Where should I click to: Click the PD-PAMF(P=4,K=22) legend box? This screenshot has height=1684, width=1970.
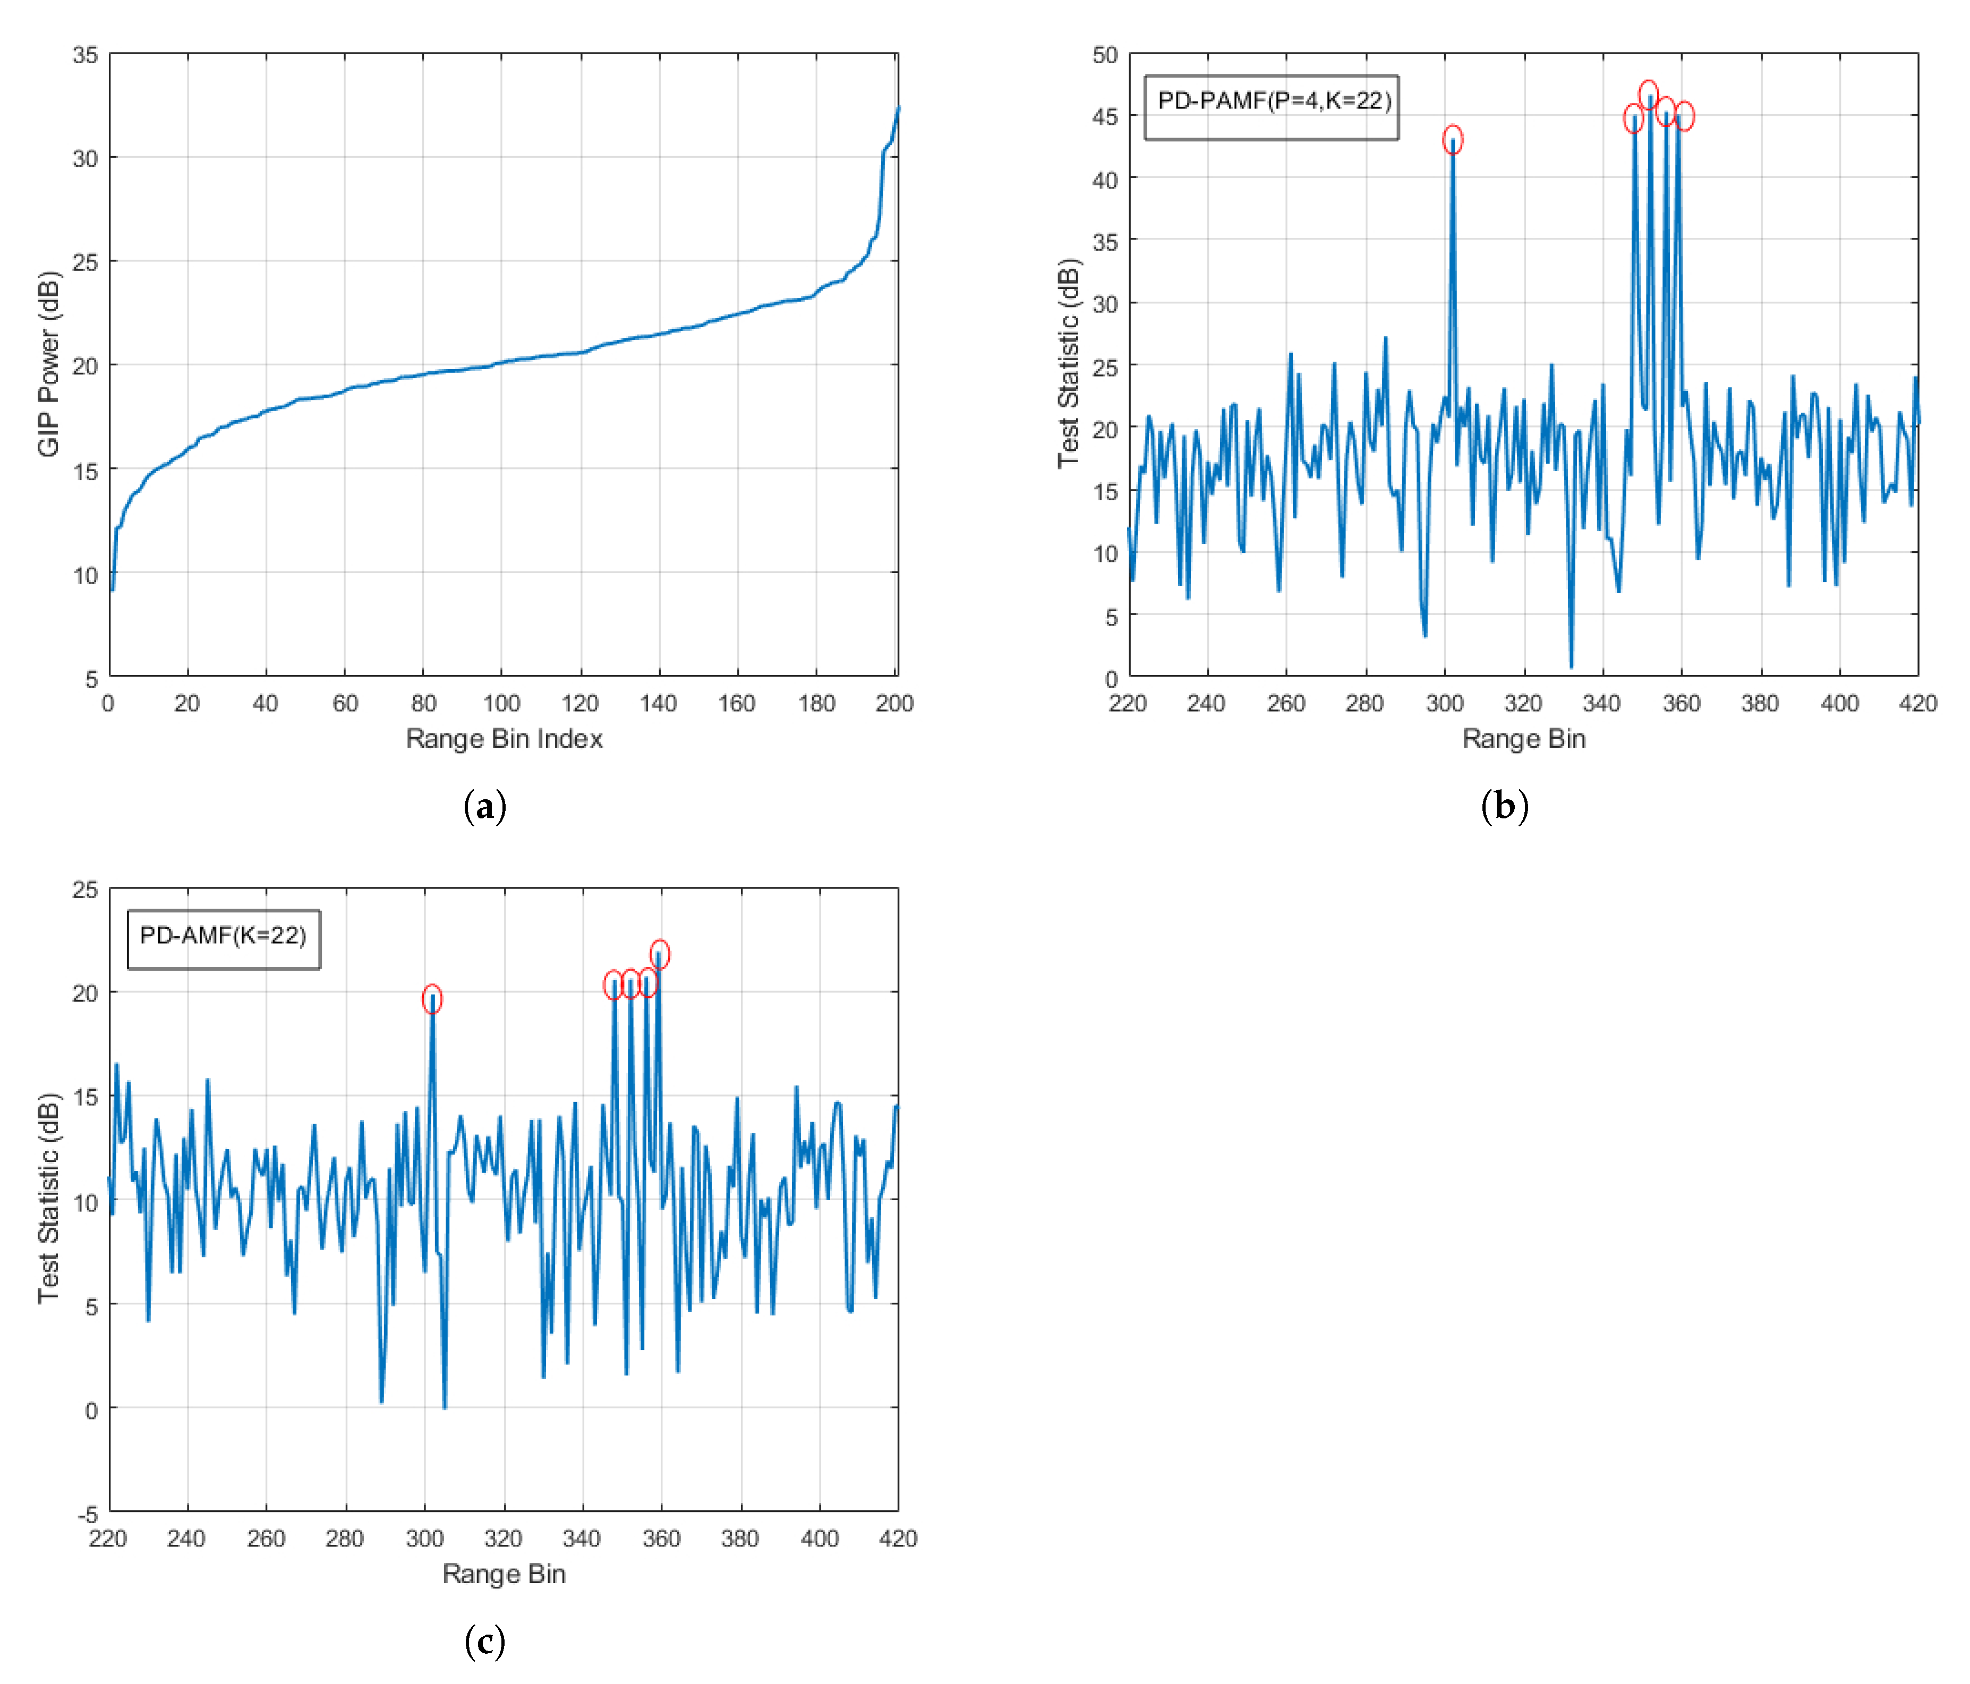click(x=1271, y=107)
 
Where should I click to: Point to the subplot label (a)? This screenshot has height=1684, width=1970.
click(x=485, y=806)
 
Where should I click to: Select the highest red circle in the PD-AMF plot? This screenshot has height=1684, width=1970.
click(x=659, y=954)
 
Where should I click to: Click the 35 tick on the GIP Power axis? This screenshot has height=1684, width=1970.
click(x=86, y=55)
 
